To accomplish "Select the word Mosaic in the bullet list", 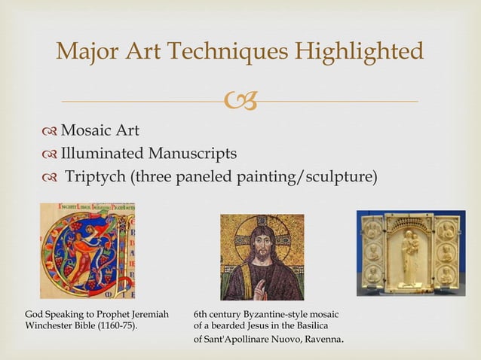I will tap(86, 131).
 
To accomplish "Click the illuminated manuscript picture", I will tap(87, 251).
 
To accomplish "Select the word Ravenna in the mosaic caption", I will tap(323, 340).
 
